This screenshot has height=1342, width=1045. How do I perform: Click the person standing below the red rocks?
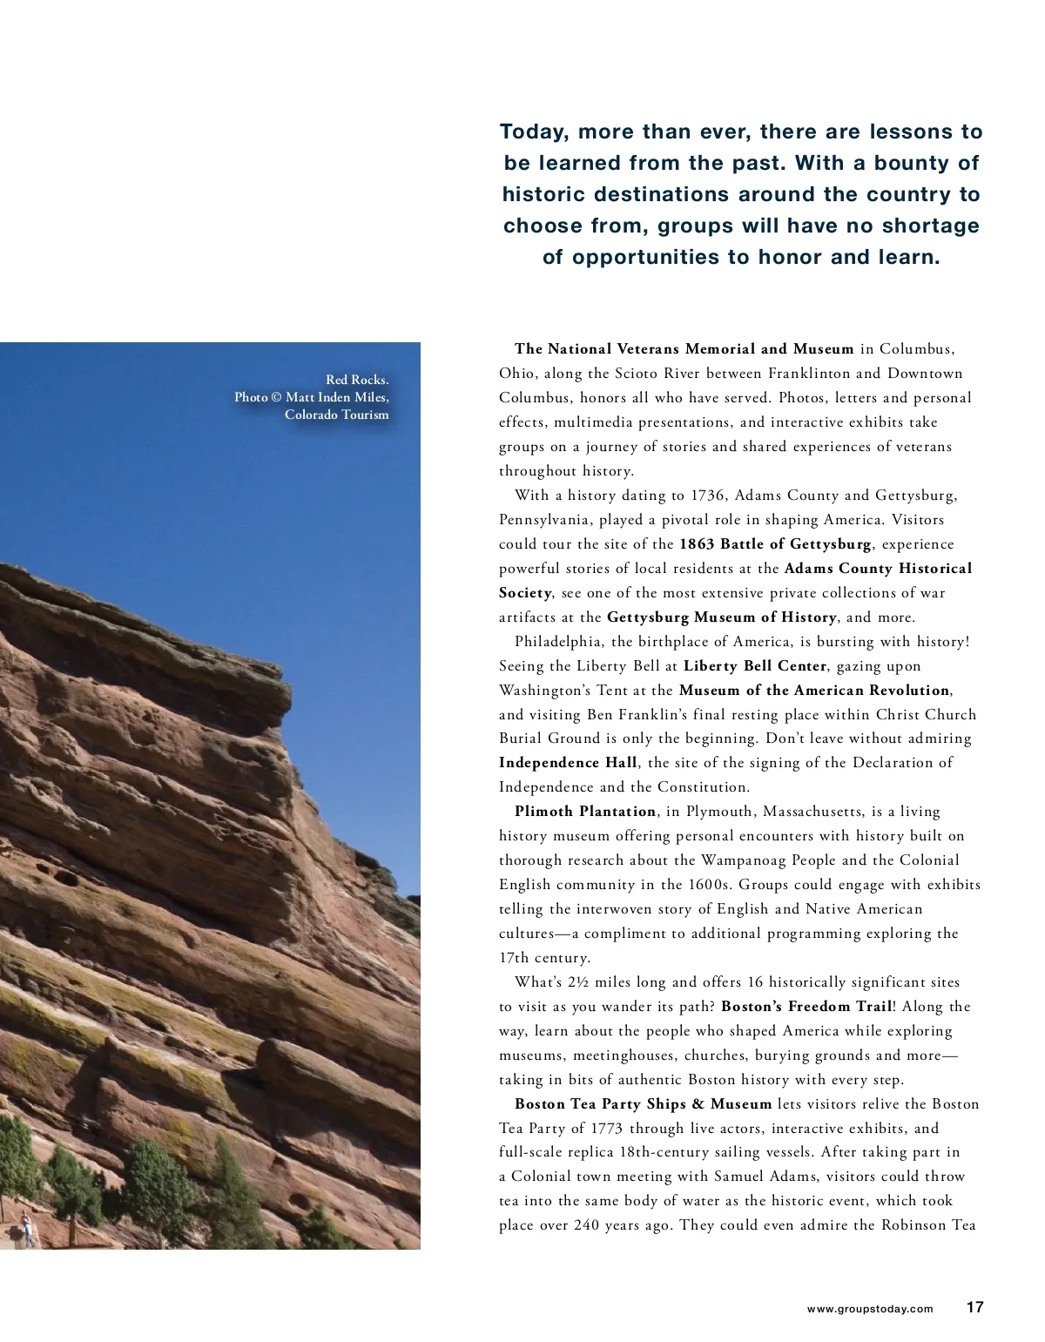(x=27, y=1230)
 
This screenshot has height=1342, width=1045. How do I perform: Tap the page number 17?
(x=974, y=1306)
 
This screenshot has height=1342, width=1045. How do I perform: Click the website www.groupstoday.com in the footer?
(x=869, y=1308)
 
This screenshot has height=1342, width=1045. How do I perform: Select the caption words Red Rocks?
(x=357, y=380)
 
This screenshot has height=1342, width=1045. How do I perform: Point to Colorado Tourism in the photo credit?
(x=336, y=415)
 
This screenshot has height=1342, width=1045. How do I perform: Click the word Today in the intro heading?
(x=531, y=132)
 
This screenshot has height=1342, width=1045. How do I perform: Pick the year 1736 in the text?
(x=708, y=496)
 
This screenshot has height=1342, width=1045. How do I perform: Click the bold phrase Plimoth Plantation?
(x=585, y=812)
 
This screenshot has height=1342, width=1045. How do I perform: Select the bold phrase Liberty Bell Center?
(x=754, y=666)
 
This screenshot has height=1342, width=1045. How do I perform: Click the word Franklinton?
(x=807, y=374)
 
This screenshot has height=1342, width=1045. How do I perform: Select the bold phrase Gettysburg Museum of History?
(x=721, y=617)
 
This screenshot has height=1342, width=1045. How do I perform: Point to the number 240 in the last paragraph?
(x=587, y=1225)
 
